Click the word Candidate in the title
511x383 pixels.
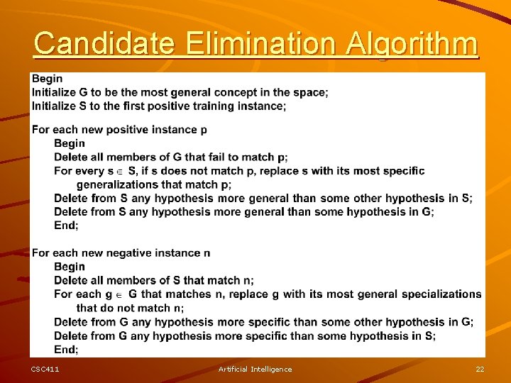point(104,44)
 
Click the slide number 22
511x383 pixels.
point(480,369)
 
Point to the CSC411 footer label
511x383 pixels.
point(45,369)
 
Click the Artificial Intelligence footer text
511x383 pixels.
point(255,369)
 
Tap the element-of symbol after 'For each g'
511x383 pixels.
point(119,294)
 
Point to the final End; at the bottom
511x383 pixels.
point(66,349)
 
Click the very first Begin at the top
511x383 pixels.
point(47,79)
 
